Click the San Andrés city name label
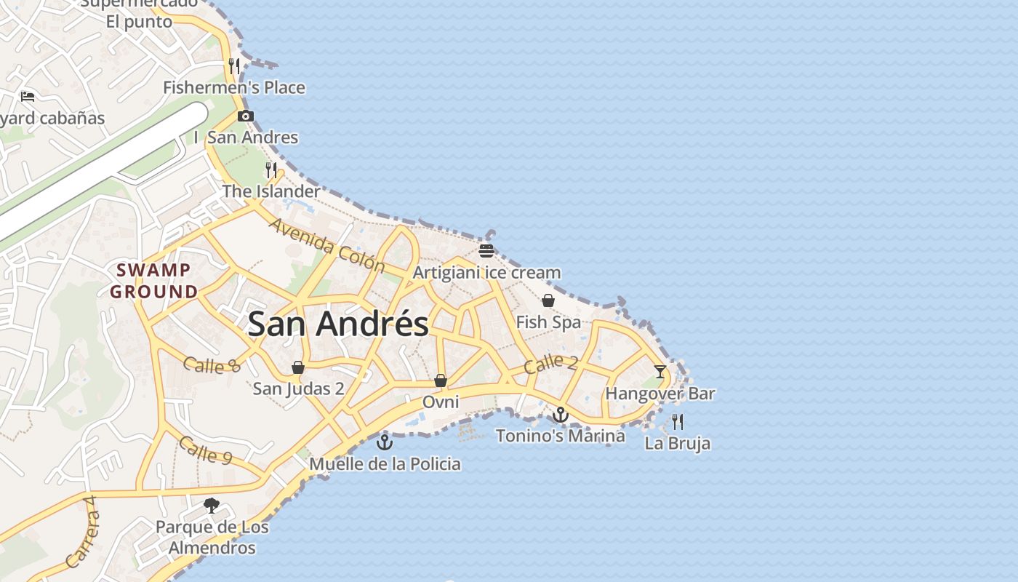click(338, 324)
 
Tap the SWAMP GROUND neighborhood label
click(153, 281)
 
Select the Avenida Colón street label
click(326, 244)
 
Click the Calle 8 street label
click(211, 364)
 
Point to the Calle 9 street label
click(205, 450)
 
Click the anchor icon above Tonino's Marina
click(560, 415)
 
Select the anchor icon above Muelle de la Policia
click(385, 442)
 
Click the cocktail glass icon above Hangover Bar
click(660, 372)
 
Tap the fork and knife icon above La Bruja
click(678, 421)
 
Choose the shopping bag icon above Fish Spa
click(548, 300)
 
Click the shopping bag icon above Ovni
click(440, 380)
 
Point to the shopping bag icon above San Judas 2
click(298, 367)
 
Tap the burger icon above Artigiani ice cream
click(486, 251)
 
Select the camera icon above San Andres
click(246, 116)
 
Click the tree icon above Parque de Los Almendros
click(212, 505)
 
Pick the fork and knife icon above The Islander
click(271, 170)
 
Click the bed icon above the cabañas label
click(28, 96)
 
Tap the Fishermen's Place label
click(234, 88)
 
